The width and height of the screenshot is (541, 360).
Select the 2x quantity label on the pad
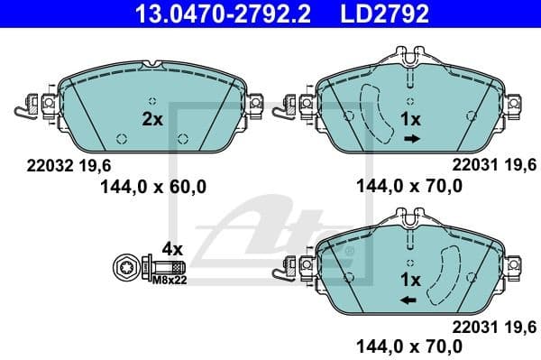pyautogui.click(x=152, y=118)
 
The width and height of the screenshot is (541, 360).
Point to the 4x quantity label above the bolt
pyautogui.click(x=171, y=248)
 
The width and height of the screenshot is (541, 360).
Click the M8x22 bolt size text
pyautogui.click(x=169, y=280)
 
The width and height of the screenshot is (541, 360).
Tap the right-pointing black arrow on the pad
pyautogui.click(x=411, y=138)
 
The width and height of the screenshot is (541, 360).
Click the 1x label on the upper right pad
pyautogui.click(x=410, y=118)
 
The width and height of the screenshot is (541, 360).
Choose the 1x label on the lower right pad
pyautogui.click(x=410, y=279)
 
